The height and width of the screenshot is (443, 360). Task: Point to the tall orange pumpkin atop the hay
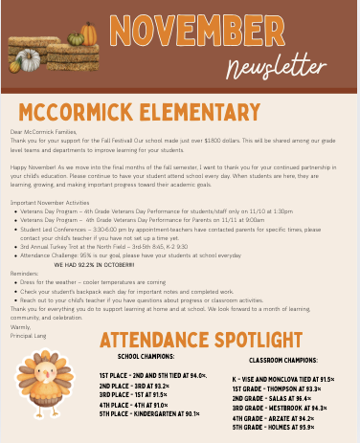pos(89,33)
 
